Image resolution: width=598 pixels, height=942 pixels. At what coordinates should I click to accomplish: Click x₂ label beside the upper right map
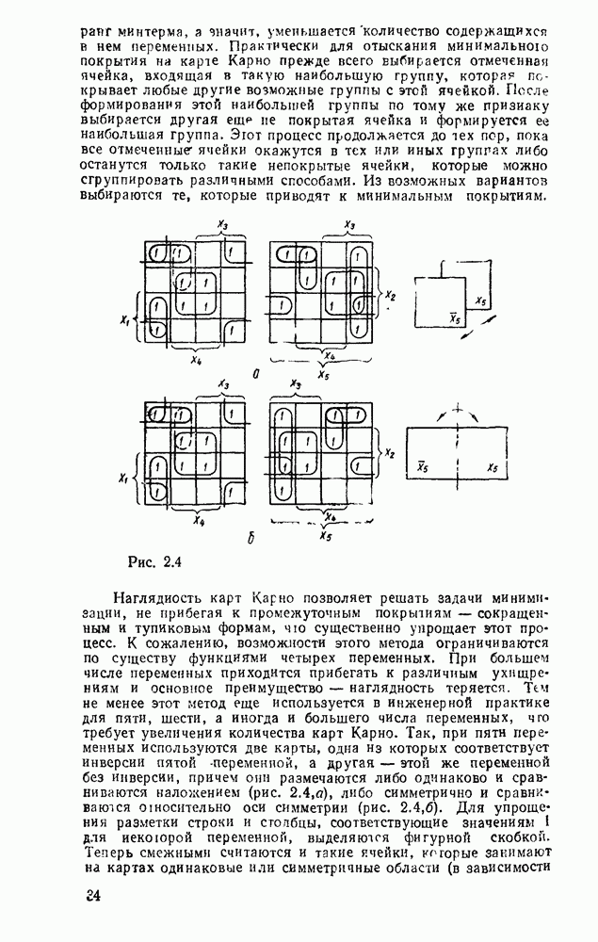click(x=390, y=296)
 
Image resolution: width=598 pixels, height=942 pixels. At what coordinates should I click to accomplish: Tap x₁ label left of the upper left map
click(x=124, y=319)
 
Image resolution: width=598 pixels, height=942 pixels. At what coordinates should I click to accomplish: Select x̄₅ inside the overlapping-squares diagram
click(x=454, y=318)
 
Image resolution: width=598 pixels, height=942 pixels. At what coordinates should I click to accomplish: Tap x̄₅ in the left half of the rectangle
click(x=424, y=465)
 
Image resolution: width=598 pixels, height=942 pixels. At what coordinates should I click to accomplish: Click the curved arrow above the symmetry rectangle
click(x=458, y=412)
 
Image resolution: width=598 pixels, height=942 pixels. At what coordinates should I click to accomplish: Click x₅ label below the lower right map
click(x=325, y=536)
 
